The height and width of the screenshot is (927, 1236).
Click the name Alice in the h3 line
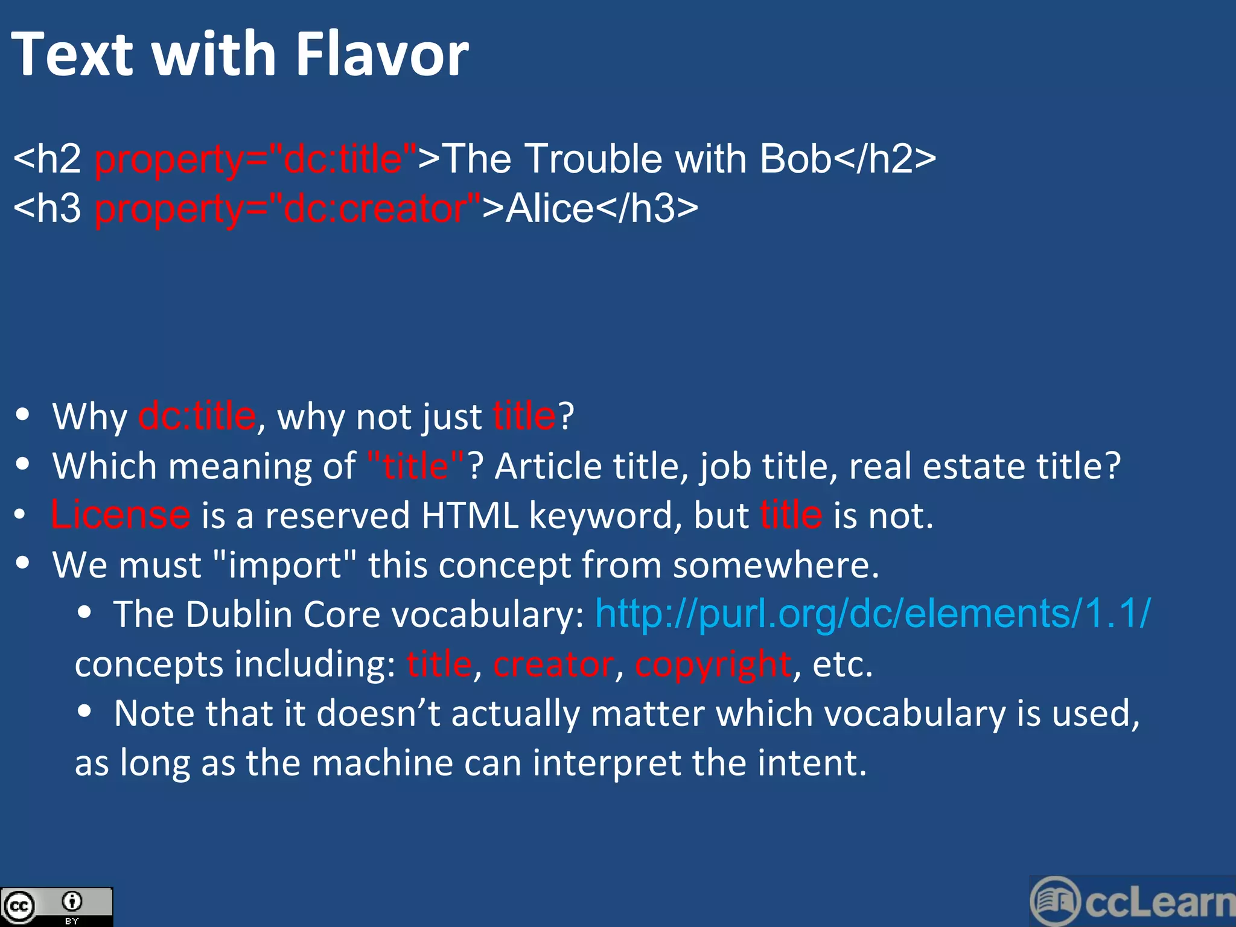click(x=550, y=209)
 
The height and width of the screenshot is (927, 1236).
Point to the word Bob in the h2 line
click(x=795, y=159)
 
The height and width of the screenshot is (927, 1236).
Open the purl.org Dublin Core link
click(x=873, y=614)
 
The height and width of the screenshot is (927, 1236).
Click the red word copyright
click(x=713, y=664)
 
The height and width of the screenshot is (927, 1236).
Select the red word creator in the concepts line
click(x=553, y=664)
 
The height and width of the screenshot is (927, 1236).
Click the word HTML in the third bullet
click(x=470, y=516)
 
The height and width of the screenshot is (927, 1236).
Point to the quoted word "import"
click(x=285, y=565)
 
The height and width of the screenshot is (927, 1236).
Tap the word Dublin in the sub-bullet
click(x=239, y=615)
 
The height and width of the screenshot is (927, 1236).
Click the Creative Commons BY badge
click(x=56, y=906)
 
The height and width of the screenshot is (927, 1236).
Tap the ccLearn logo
click(x=1132, y=902)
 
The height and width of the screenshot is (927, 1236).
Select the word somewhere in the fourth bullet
click(x=776, y=565)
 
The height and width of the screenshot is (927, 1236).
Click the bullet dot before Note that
click(x=84, y=712)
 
